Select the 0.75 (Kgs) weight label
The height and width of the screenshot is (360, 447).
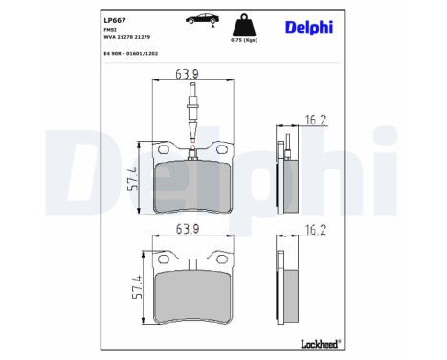[x=244, y=40]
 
